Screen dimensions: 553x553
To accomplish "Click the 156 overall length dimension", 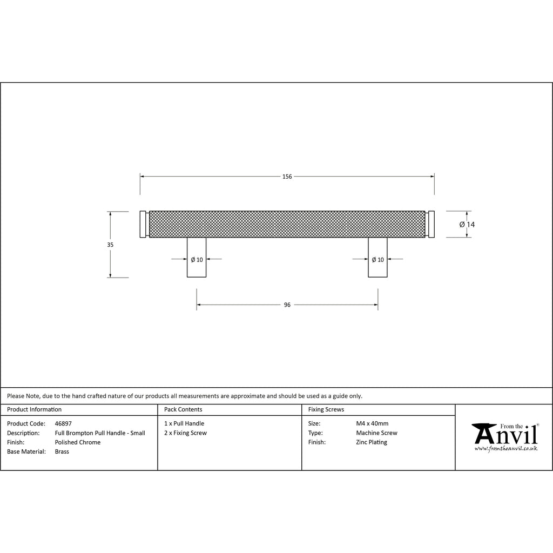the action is pos(287,177).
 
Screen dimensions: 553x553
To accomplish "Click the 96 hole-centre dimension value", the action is pos(287,305).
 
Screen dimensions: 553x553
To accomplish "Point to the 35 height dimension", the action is pos(110,245).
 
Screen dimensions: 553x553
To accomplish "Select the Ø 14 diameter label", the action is pos(467,225).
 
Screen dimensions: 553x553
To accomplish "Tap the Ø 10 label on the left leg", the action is pos(197,260).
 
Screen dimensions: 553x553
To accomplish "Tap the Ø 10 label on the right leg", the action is pos(377,260).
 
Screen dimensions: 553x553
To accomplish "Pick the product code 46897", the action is pos(63,423).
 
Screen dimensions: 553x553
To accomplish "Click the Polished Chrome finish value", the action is pos(78,442).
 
